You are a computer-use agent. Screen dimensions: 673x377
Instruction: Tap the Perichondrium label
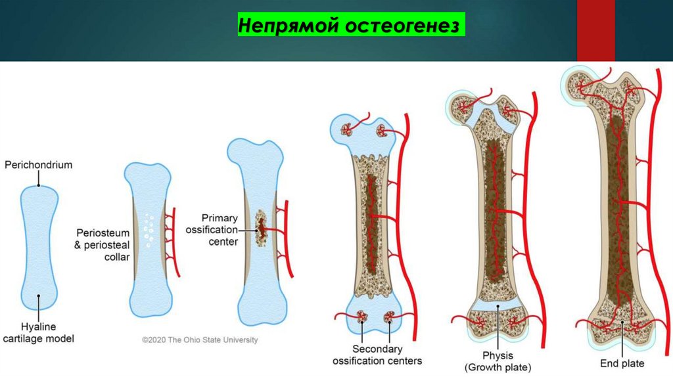tap(39, 166)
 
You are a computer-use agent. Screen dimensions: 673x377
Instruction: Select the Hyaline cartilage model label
tap(39, 333)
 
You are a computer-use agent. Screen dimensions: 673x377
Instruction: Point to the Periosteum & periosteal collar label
tap(103, 244)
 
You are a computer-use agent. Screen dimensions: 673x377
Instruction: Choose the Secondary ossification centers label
tap(377, 355)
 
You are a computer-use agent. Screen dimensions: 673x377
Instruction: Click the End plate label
tap(622, 363)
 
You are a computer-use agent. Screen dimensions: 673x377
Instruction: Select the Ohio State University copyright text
tap(200, 340)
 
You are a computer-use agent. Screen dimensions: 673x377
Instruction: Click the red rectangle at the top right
tap(595, 31)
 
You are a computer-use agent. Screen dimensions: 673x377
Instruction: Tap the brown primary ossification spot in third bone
tap(262, 229)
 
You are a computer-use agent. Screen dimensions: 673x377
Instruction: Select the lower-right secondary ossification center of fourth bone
tap(390, 320)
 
